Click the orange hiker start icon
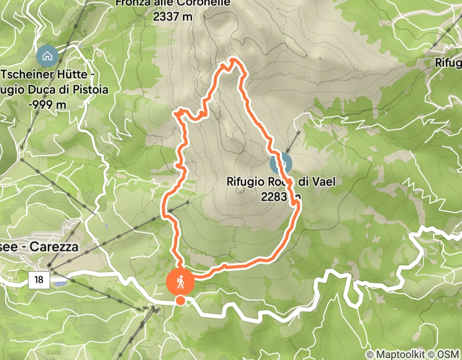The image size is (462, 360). point(181,281)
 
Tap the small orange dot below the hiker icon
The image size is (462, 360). point(180,300)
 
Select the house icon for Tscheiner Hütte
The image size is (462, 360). point(47,56)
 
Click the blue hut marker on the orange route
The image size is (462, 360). point(281,164)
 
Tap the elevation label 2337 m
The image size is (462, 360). point(173,16)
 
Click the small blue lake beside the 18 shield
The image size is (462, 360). point(60,283)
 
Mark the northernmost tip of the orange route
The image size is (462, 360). point(235,60)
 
